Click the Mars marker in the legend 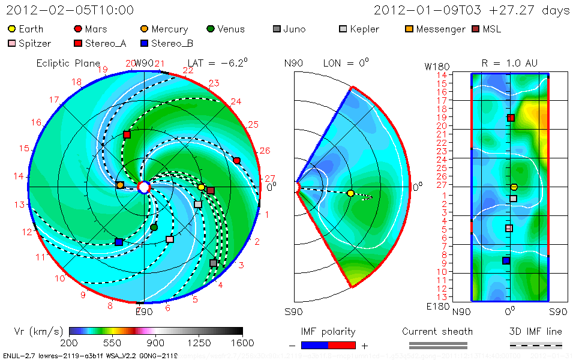(x=77, y=29)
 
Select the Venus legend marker (x=210, y=29)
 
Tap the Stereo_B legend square (x=144, y=43)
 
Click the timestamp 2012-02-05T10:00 (x=70, y=10)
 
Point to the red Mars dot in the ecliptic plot (x=237, y=161)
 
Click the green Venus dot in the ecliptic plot (x=154, y=227)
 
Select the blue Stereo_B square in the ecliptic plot (x=119, y=242)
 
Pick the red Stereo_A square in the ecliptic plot (x=127, y=134)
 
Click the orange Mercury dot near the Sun (x=120, y=185)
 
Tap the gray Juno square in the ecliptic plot (x=213, y=263)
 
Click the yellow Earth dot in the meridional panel (x=350, y=193)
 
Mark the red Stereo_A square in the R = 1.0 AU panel (x=511, y=118)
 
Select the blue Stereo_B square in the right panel (x=506, y=260)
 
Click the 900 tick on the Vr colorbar (x=156, y=343)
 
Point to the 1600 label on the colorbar (x=242, y=343)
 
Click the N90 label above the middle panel (x=293, y=63)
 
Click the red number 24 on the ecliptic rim (x=236, y=101)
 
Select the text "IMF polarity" (x=328, y=331)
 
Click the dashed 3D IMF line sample (x=536, y=345)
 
